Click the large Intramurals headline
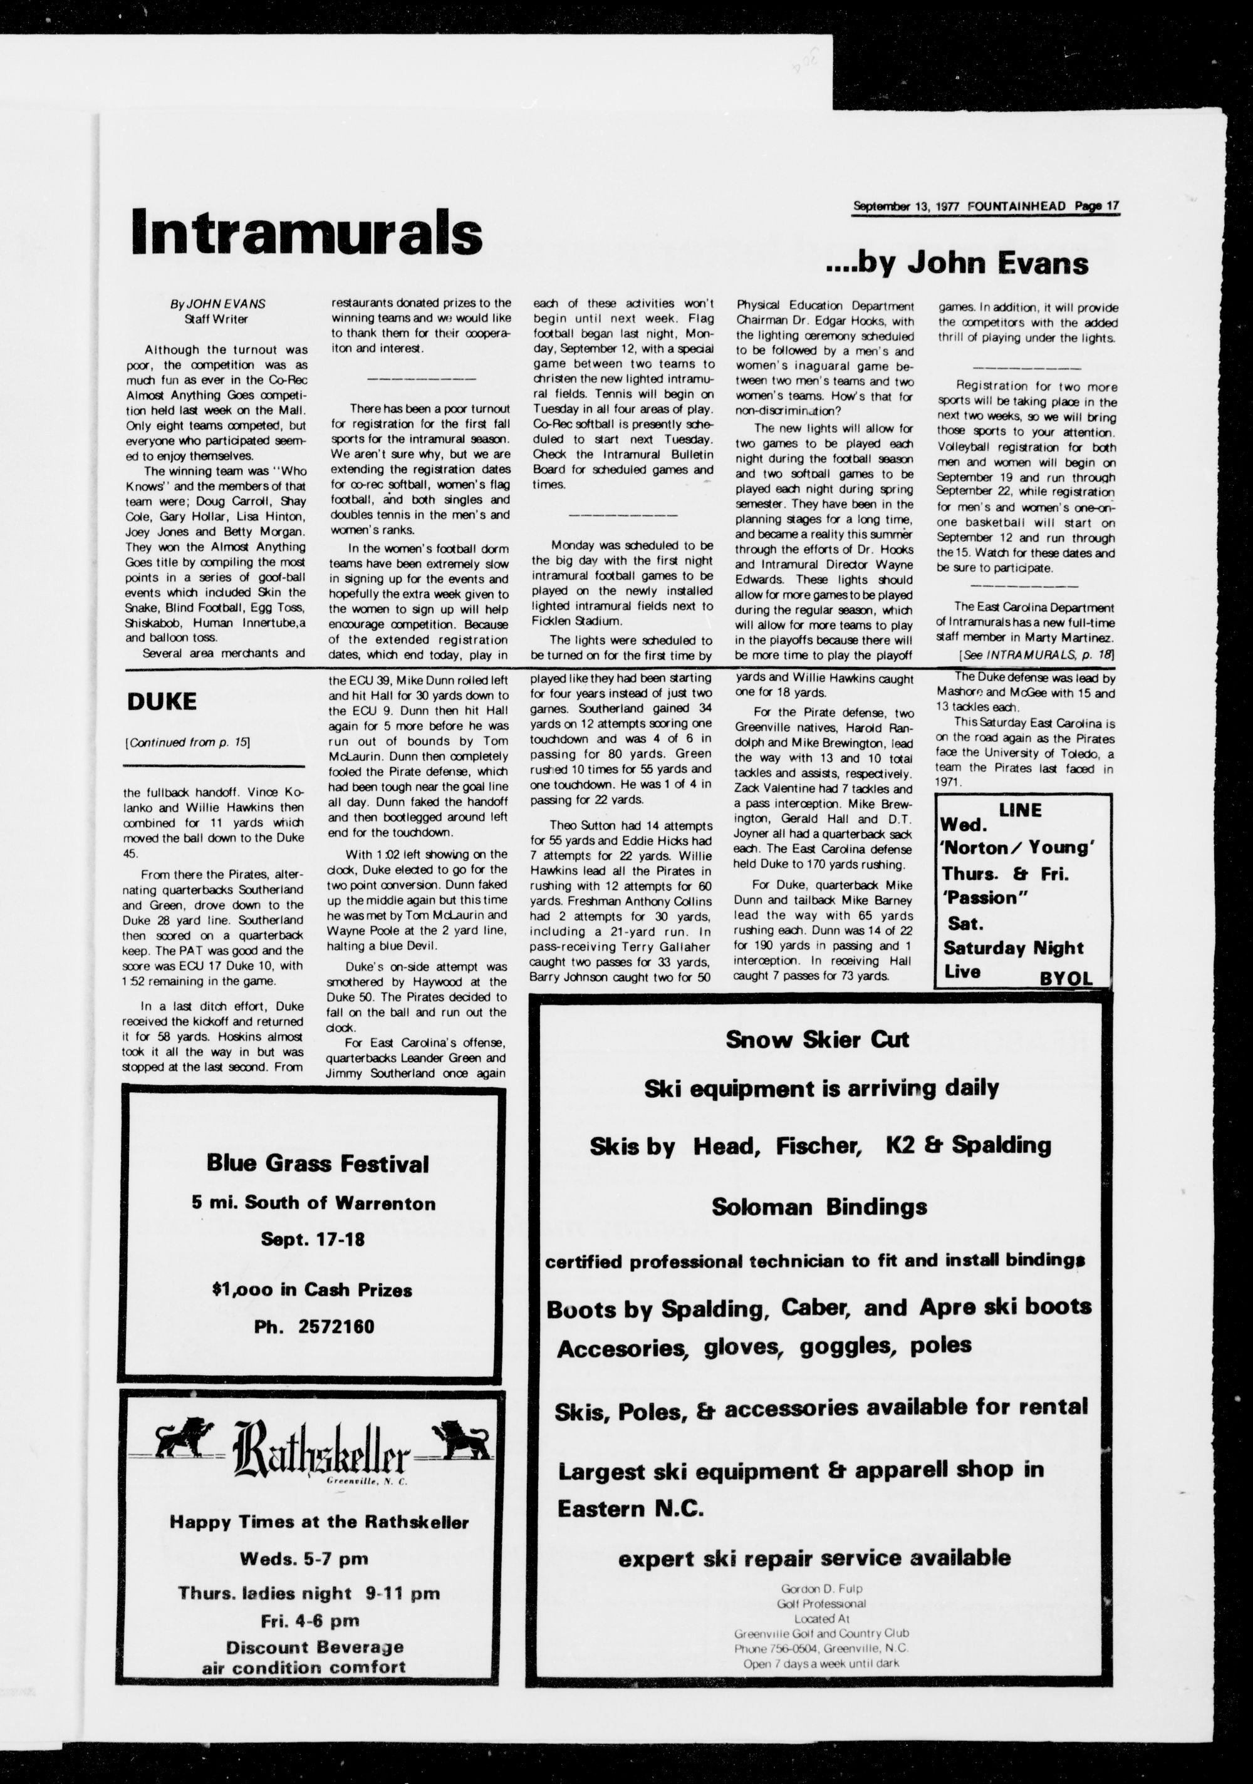click(306, 231)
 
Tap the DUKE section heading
click(161, 701)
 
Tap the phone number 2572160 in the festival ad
click(336, 1326)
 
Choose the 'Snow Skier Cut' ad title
click(817, 1039)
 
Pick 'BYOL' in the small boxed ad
click(1066, 978)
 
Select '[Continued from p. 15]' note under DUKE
click(187, 742)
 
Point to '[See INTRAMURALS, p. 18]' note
click(1036, 654)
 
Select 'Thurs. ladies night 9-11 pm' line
click(309, 1594)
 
